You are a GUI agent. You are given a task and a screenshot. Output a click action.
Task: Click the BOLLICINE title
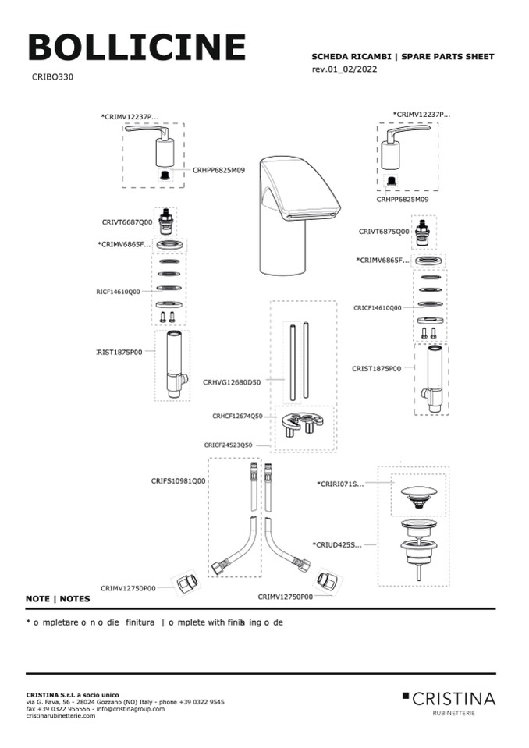(137, 48)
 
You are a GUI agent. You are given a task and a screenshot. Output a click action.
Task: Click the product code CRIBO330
(53, 77)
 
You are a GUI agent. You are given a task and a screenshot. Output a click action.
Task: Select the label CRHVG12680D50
(232, 382)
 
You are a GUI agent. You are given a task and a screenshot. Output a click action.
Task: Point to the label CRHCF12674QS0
(237, 416)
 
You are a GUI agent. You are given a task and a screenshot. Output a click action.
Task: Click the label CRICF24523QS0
(229, 445)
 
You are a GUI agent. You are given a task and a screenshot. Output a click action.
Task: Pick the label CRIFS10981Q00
(178, 481)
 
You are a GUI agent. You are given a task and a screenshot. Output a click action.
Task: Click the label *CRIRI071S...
(340, 484)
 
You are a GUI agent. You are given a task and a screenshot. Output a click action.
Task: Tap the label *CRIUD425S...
(337, 544)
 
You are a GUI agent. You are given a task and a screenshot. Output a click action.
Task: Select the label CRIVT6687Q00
(126, 222)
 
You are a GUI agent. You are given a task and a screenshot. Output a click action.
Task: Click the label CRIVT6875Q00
(384, 231)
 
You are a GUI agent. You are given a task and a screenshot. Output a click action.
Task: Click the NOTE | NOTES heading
(58, 599)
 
